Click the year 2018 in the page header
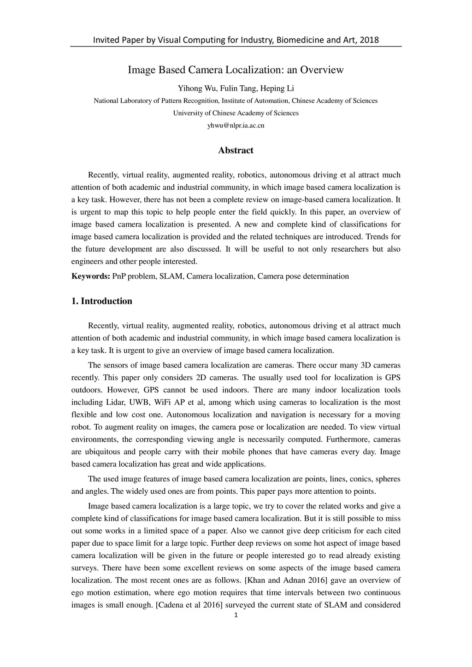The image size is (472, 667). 369,40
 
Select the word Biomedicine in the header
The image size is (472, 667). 300,40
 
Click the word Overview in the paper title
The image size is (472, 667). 322,70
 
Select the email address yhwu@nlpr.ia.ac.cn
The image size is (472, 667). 236,125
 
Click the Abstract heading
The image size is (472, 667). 236,151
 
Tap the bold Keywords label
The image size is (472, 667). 90,276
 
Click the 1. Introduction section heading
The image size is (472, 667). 102,301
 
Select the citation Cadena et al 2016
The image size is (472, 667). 190,605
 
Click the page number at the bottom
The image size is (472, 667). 236,616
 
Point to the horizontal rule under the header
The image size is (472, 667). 236,47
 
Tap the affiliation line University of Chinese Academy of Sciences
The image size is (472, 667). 236,113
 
